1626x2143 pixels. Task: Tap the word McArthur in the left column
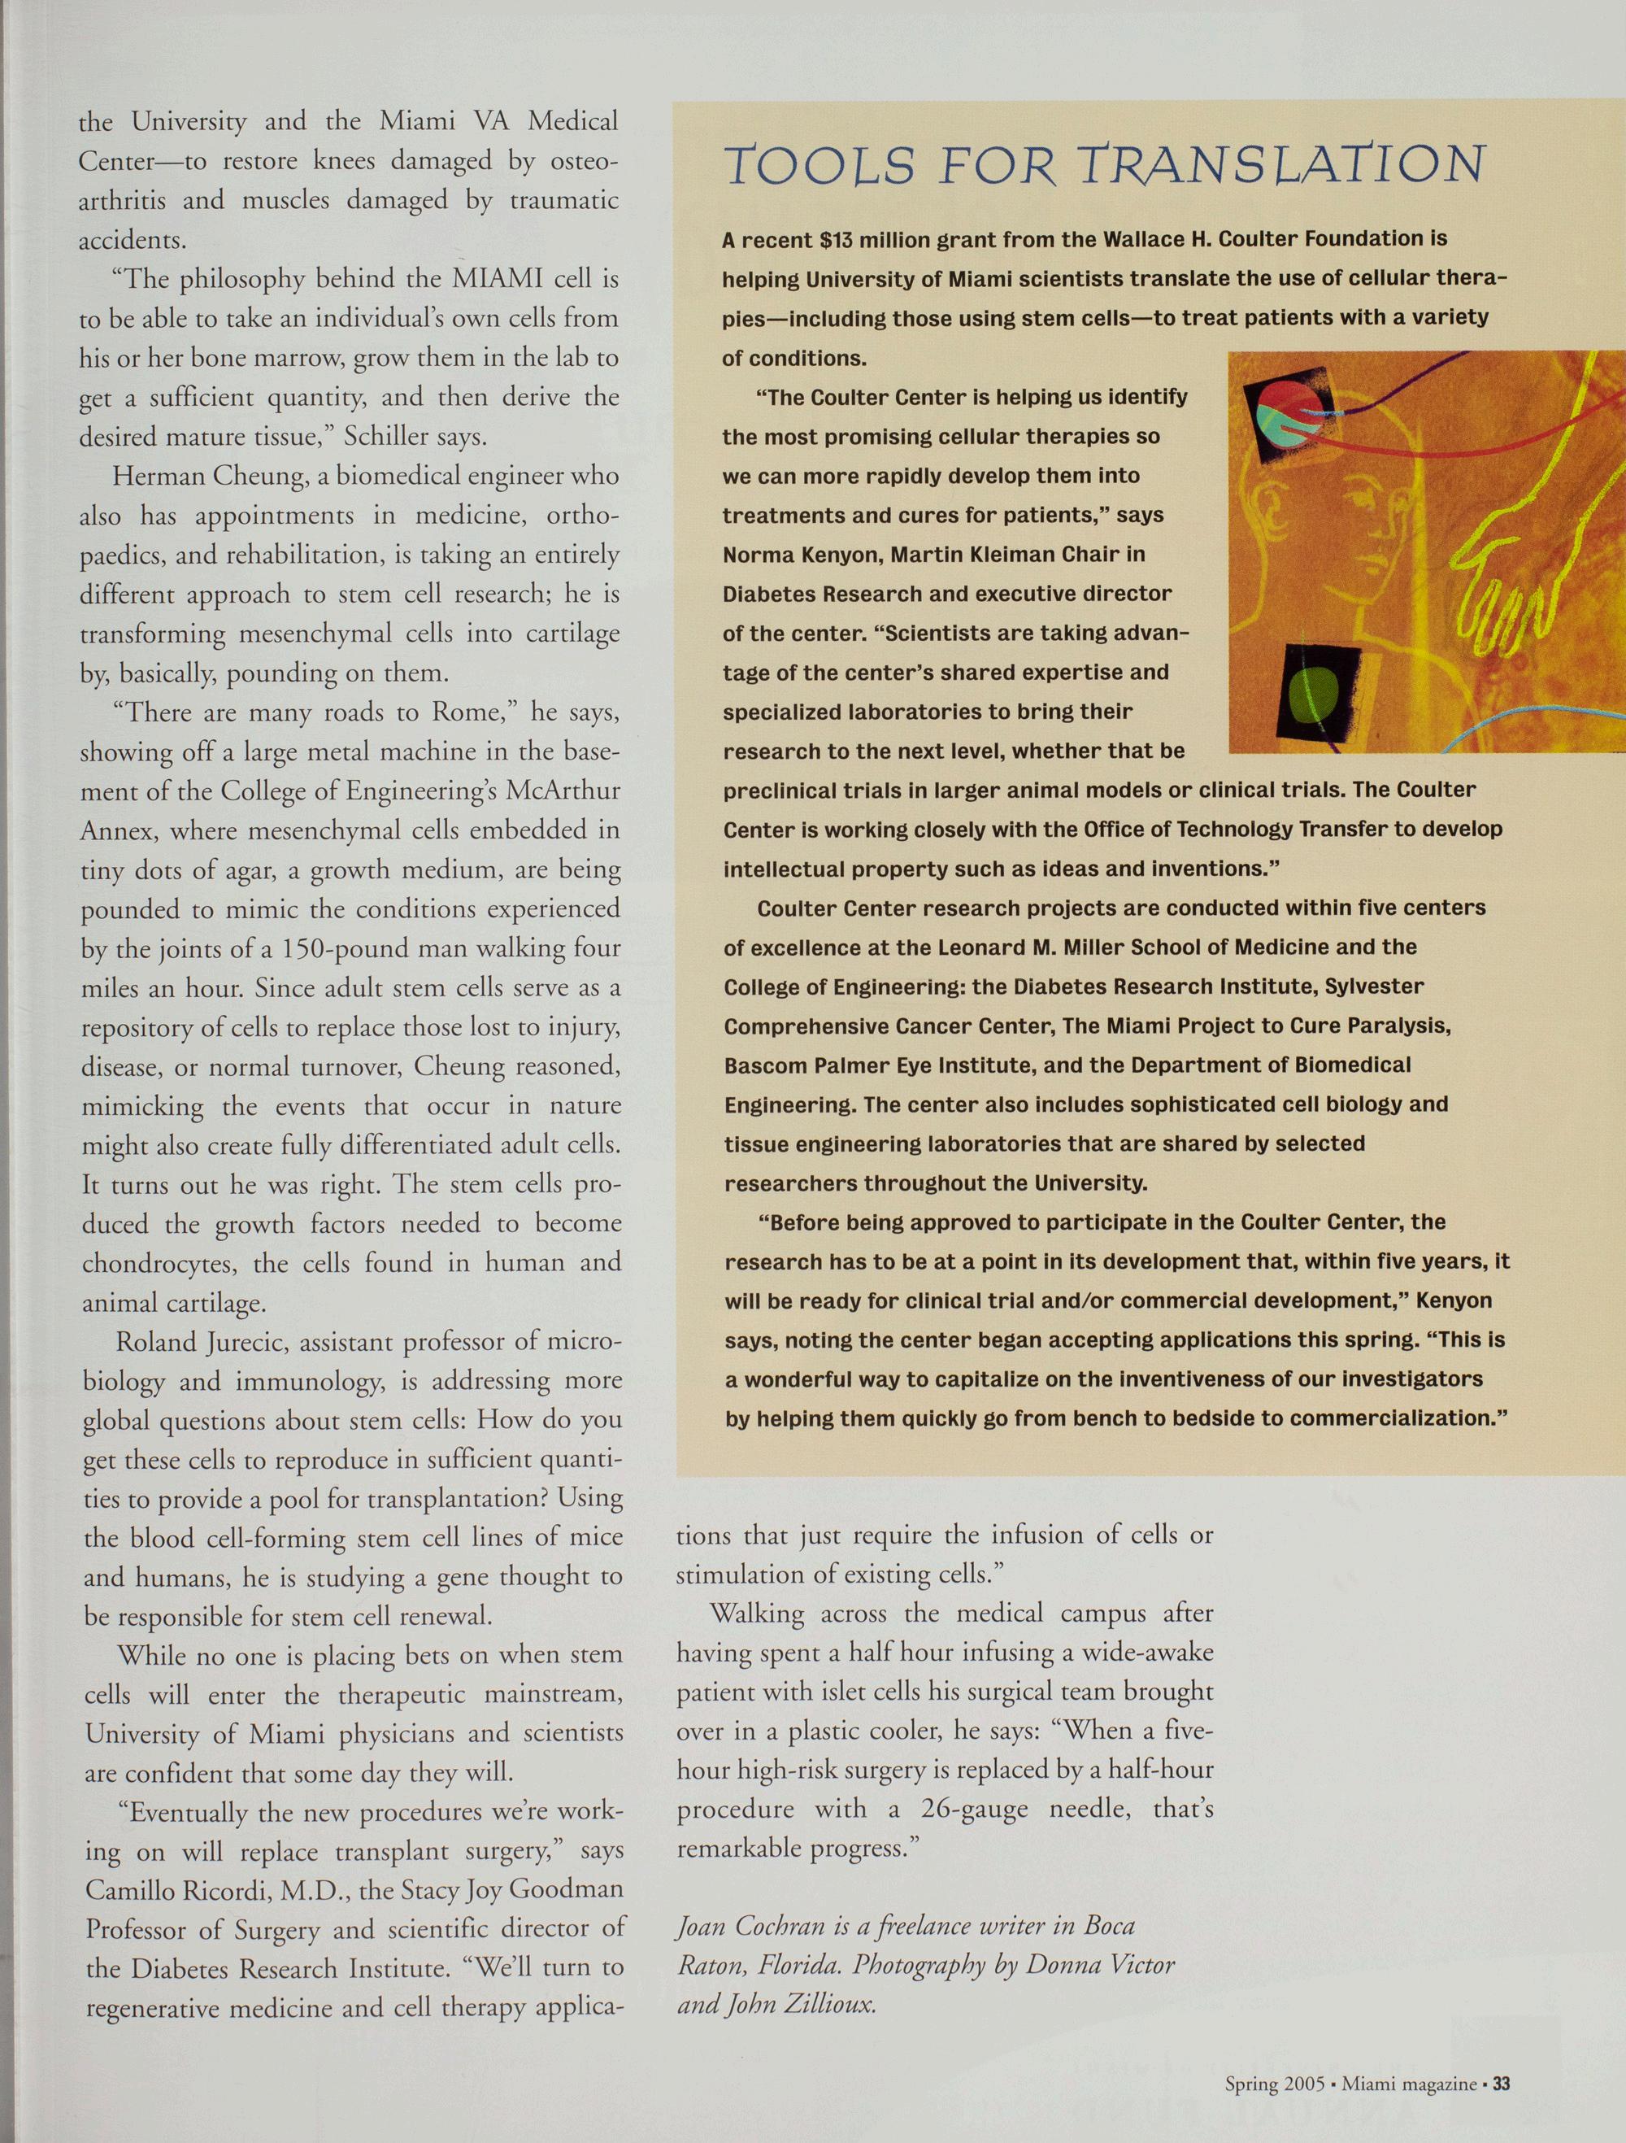(x=563, y=791)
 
